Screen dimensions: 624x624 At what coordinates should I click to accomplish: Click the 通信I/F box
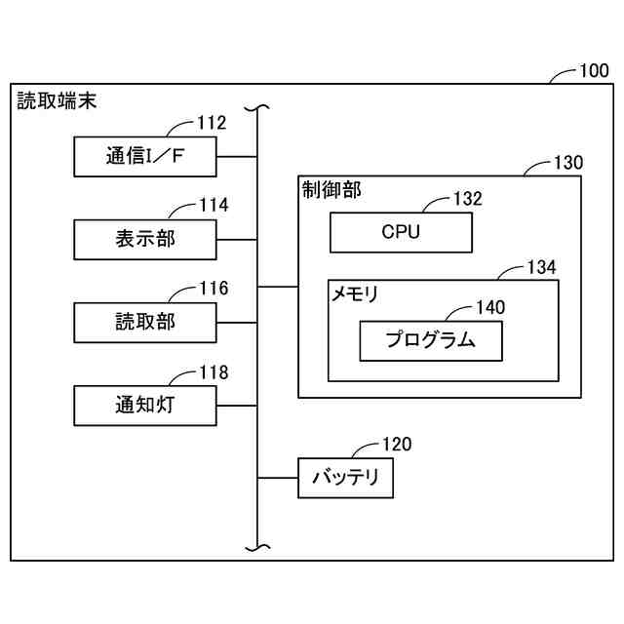145,157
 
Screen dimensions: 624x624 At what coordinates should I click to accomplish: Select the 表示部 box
145,240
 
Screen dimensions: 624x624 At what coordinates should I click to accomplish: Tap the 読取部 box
145,323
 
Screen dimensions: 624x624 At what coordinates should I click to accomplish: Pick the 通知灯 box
145,406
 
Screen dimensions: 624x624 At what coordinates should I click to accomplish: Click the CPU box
401,232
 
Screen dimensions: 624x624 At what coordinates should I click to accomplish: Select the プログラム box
431,341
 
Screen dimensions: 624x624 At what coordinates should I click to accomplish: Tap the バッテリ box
346,478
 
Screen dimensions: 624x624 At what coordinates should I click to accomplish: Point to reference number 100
594,71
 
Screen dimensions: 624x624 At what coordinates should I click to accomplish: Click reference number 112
213,123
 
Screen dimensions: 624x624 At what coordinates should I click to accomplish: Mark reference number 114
214,206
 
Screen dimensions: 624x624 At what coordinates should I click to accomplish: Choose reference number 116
214,289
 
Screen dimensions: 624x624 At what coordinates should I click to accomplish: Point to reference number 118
214,372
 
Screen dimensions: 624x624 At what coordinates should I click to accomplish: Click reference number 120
397,445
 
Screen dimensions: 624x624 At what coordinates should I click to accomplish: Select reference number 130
568,163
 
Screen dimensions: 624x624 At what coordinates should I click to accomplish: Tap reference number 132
468,199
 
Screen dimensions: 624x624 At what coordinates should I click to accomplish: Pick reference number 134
542,267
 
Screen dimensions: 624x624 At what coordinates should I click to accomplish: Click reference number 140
490,307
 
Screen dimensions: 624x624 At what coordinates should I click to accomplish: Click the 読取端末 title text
57,100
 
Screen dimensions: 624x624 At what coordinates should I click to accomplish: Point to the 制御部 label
331,190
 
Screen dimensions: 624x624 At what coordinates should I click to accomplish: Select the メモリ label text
355,294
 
